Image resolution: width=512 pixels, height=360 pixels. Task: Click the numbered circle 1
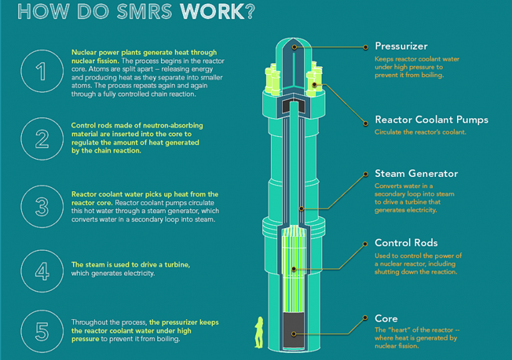click(x=42, y=71)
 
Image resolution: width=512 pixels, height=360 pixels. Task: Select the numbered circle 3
click(x=42, y=206)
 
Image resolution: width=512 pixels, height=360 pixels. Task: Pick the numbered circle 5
click(x=42, y=331)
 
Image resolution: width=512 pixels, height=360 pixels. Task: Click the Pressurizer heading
click(x=401, y=46)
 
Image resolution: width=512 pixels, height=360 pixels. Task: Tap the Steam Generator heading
click(x=416, y=174)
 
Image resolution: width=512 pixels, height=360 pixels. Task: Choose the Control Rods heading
click(x=406, y=243)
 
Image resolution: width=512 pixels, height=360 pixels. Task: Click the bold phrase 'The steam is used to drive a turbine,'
click(x=131, y=265)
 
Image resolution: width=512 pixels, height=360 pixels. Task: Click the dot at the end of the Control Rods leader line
click(x=293, y=269)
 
